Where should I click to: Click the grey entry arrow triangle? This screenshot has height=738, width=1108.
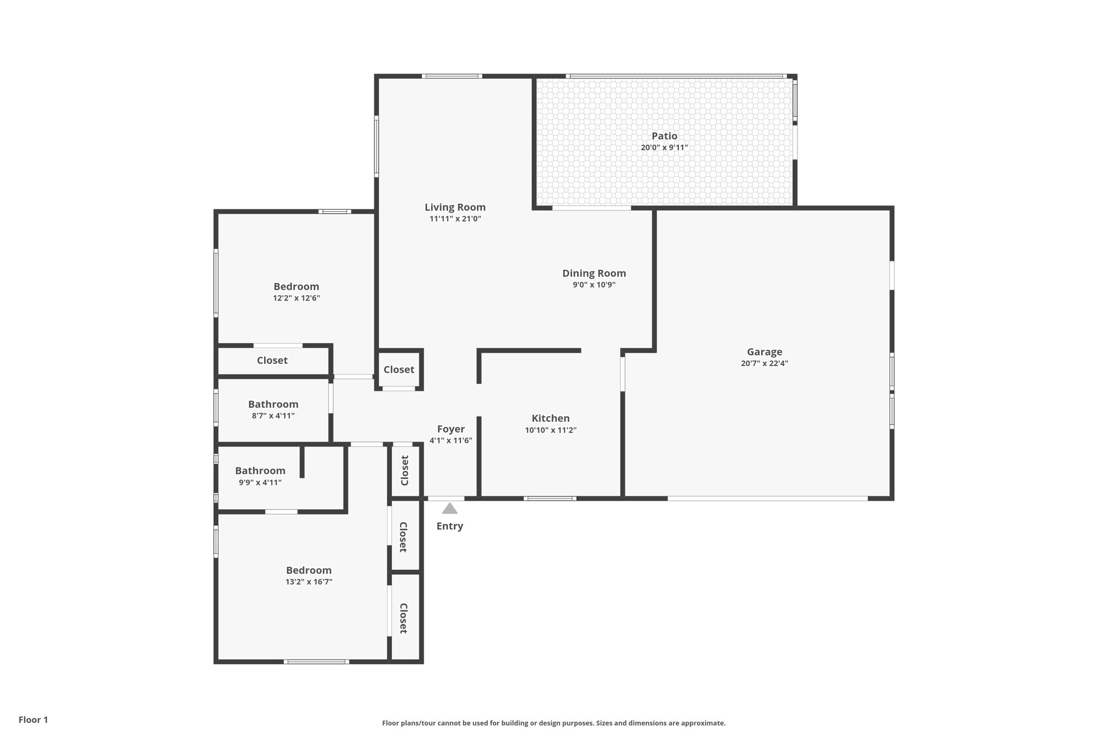(450, 509)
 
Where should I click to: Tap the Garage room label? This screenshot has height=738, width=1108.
(764, 352)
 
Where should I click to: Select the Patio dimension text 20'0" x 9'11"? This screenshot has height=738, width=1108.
(664, 148)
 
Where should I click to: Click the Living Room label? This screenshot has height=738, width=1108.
(454, 207)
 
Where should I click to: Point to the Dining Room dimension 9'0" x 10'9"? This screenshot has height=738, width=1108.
(593, 285)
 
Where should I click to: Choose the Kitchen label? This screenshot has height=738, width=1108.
(550, 418)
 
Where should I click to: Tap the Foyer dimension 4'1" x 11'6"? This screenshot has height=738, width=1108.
(450, 441)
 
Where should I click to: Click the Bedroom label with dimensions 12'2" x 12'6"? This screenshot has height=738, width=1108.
(296, 287)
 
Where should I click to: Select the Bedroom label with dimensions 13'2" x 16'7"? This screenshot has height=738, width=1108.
(308, 570)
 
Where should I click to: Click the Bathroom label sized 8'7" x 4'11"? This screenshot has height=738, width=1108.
(273, 404)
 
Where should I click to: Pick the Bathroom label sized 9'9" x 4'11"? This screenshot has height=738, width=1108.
(260, 471)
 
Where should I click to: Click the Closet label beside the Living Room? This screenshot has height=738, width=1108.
(398, 370)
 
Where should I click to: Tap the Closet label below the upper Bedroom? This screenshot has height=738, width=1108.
(272, 361)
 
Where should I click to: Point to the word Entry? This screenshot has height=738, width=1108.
(450, 526)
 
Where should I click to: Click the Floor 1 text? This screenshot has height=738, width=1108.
(33, 720)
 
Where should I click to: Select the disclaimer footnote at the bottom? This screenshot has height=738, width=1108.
(553, 723)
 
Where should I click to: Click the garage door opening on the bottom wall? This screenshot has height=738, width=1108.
(767, 498)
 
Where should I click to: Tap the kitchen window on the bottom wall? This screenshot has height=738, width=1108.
(549, 498)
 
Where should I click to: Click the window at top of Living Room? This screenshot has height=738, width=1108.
(452, 76)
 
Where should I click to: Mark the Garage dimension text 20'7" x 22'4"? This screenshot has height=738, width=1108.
(764, 363)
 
